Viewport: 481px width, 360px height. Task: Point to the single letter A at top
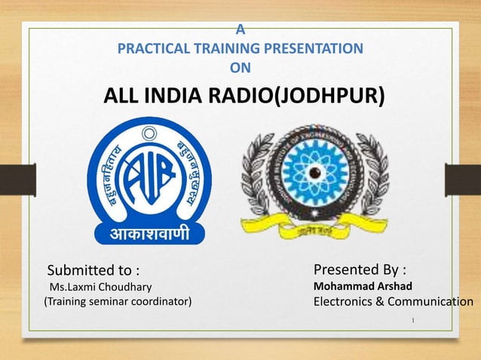tap(240, 30)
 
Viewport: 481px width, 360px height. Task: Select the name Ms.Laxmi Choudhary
tap(100, 287)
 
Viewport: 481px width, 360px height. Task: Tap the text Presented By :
tap(360, 270)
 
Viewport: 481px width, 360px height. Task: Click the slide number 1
tap(414, 322)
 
